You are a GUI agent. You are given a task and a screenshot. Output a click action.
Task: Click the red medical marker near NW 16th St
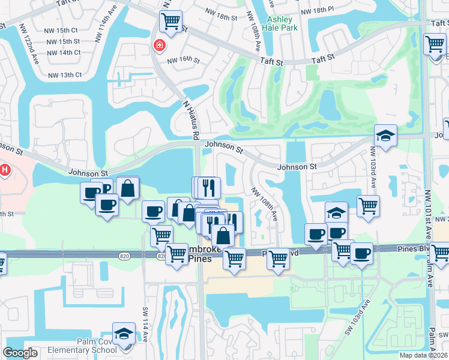click(x=160, y=45)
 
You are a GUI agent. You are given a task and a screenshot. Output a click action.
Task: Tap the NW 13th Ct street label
click(x=65, y=75)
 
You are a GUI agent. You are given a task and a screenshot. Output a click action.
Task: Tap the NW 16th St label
click(x=182, y=60)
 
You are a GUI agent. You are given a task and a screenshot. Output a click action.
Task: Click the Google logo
click(x=20, y=353)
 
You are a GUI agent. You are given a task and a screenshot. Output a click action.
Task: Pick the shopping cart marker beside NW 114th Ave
click(x=170, y=22)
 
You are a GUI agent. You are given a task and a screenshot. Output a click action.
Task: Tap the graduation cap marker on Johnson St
click(x=385, y=135)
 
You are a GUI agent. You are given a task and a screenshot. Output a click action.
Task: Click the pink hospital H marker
click(x=5, y=170)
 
